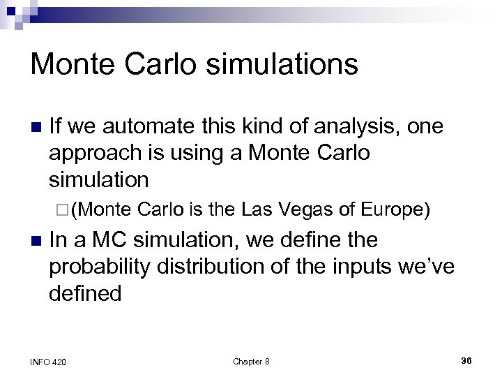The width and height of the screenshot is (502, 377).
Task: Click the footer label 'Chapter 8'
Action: point(251,361)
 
